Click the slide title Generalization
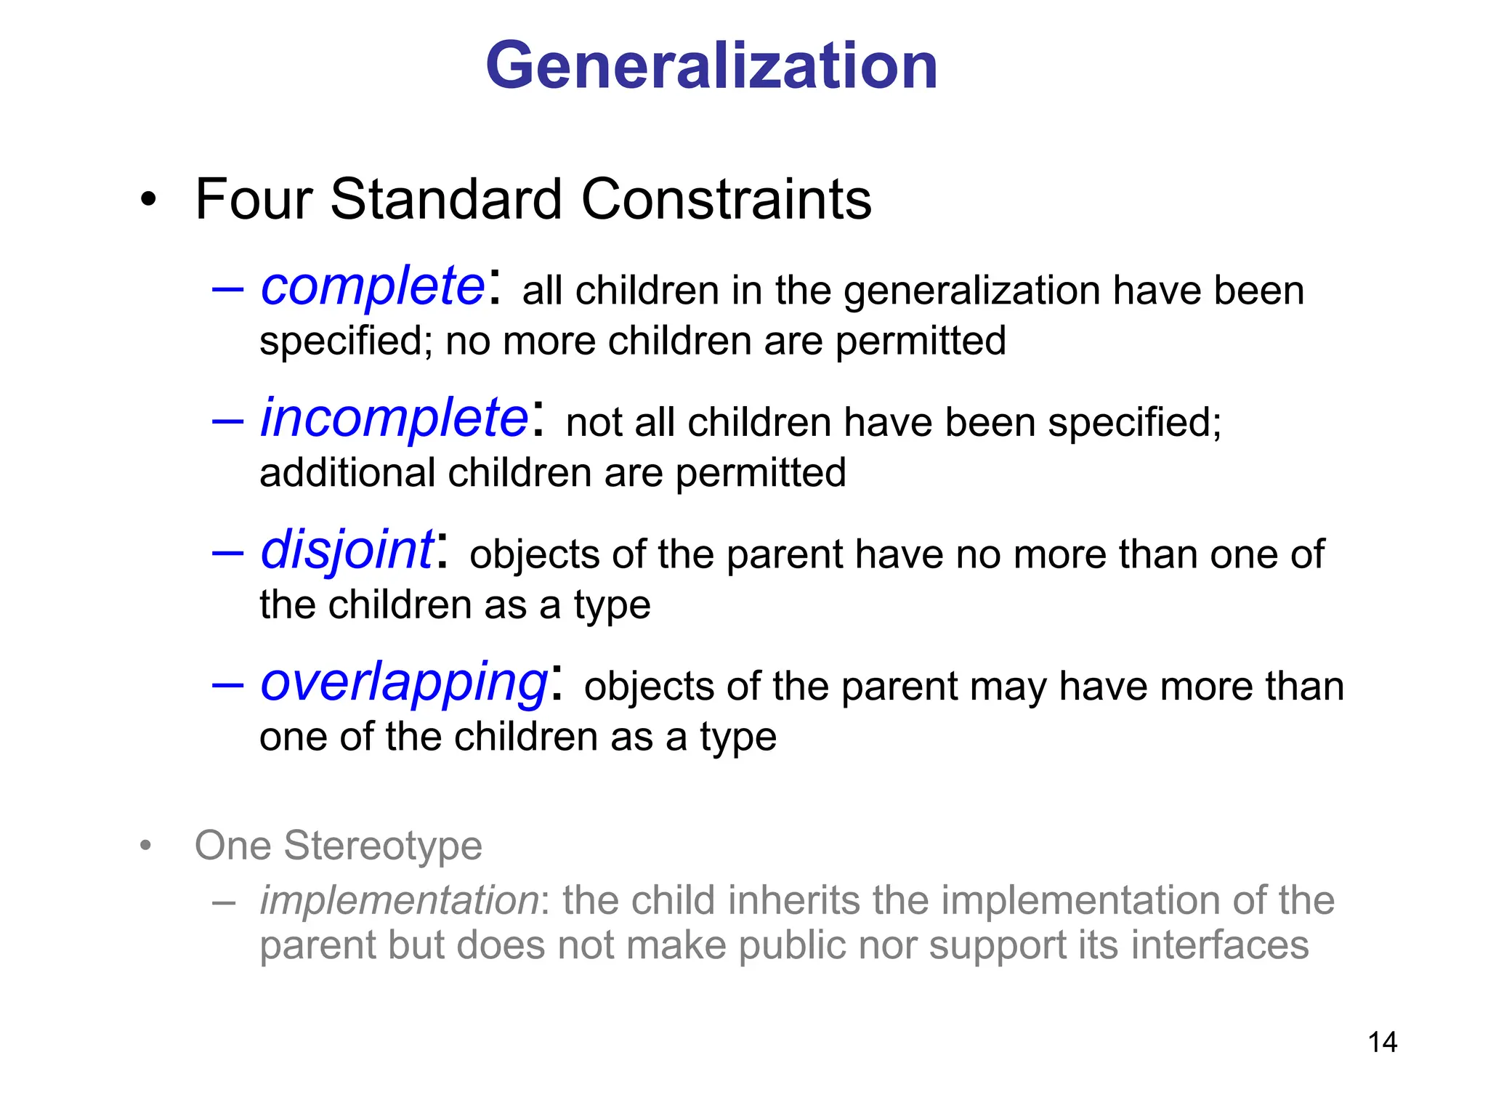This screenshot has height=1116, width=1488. [711, 66]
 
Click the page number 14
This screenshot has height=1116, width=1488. [1382, 1042]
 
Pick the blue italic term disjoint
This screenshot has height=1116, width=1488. [347, 550]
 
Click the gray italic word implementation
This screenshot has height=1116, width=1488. [399, 900]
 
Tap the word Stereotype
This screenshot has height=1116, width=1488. [382, 846]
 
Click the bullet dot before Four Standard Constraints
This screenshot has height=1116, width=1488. [148, 200]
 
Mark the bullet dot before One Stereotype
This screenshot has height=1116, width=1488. [146, 846]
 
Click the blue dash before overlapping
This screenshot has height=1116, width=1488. [227, 684]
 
